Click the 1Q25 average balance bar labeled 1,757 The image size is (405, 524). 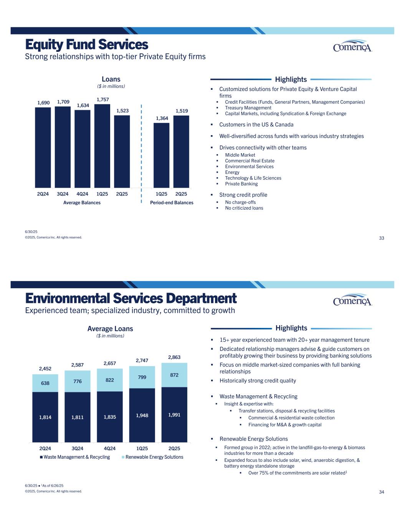pyautogui.click(x=102, y=146)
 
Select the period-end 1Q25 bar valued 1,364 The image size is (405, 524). pyautogui.click(x=161, y=155)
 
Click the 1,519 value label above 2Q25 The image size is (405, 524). pyautogui.click(x=182, y=111)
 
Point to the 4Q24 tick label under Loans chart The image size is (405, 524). pyautogui.click(x=83, y=194)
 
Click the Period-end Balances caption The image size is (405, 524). pyautogui.click(x=172, y=203)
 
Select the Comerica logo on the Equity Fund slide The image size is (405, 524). pyautogui.click(x=352, y=46)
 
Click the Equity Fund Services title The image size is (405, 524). pyautogui.click(x=86, y=45)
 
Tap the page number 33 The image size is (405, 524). pyautogui.click(x=381, y=238)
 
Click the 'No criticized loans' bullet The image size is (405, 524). pyautogui.click(x=244, y=208)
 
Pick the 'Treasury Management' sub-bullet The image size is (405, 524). pyautogui.click(x=248, y=108)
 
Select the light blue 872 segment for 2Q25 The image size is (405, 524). pyautogui.click(x=174, y=375)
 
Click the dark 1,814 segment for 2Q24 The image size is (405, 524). pyautogui.click(x=45, y=417)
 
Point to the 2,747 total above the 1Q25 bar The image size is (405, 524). pyautogui.click(x=142, y=360)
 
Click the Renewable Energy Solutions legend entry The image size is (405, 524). pyautogui.click(x=154, y=457)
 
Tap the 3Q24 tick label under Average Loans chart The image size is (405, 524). pyautogui.click(x=78, y=448)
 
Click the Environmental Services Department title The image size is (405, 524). pyautogui.click(x=131, y=299)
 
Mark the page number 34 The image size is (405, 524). pyautogui.click(x=381, y=493)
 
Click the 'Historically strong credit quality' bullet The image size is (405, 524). pyautogui.click(x=258, y=381)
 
